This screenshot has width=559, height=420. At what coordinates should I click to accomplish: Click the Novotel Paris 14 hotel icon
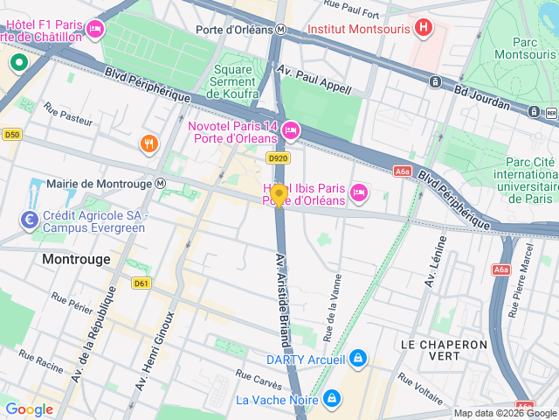tap(290, 130)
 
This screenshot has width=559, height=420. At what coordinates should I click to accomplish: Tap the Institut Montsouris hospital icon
tap(423, 28)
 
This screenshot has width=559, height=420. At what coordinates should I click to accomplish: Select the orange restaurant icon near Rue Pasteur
tap(149, 143)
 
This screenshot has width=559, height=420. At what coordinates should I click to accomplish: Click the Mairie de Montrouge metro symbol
tap(160, 185)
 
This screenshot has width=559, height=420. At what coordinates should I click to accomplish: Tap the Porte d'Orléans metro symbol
tap(280, 29)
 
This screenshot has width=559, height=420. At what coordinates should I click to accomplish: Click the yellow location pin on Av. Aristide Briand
tap(279, 195)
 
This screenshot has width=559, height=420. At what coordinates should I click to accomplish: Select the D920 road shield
tap(278, 158)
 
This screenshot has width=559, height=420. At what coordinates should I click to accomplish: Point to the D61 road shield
tap(141, 283)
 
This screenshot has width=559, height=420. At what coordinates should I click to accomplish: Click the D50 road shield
tap(11, 135)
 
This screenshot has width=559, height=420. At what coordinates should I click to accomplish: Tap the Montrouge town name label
tap(77, 260)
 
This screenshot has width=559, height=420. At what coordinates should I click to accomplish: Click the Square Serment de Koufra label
tap(233, 81)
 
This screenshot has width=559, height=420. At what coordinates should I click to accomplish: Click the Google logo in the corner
tap(30, 409)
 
